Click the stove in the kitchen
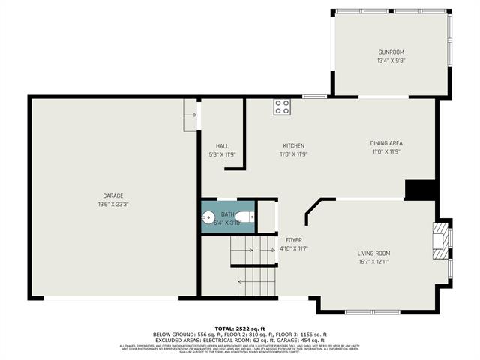pos(282,107)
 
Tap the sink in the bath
pos(208,218)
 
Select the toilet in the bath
pos(252,217)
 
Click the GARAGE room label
pos(113,196)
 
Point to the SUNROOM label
pos(391,52)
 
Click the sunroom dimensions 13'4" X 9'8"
pos(391,61)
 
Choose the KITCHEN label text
pos(293,145)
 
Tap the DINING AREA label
pos(386,143)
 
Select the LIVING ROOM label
pos(373,253)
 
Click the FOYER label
pos(294,239)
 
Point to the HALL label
pos(222,146)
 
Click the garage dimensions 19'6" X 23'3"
pos(113,205)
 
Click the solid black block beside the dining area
pos(421,190)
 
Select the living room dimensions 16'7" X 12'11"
pos(373,262)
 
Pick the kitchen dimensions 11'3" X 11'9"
pos(293,154)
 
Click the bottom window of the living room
pos(373,311)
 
